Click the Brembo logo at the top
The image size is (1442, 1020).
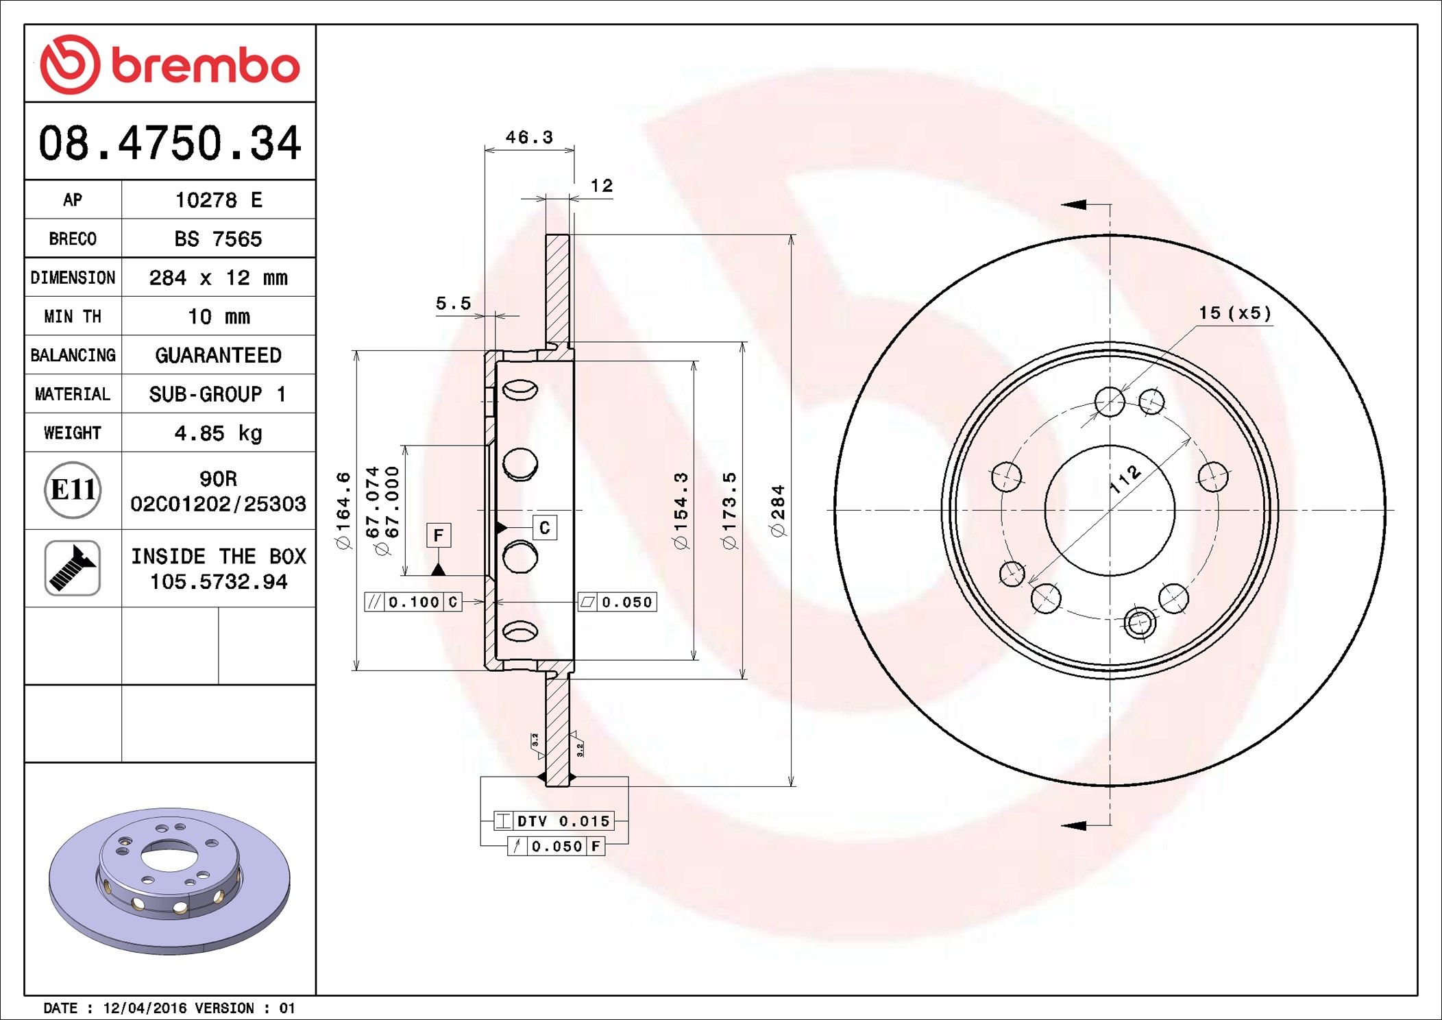tap(170, 64)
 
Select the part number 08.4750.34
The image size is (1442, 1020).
tap(170, 143)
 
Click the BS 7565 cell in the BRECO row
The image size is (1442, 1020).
tap(218, 239)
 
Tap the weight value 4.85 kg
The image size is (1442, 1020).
tap(218, 433)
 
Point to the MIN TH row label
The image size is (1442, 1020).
tap(73, 316)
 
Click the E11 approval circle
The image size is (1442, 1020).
tap(73, 489)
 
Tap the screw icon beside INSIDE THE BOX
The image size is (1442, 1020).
tap(73, 568)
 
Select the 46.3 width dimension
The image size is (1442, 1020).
tap(529, 137)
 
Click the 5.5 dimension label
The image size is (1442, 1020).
tap(454, 303)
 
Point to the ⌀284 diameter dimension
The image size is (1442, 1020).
tap(777, 511)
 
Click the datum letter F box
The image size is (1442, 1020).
tap(439, 535)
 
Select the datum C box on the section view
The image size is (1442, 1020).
tap(545, 528)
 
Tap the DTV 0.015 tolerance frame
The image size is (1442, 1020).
tap(554, 821)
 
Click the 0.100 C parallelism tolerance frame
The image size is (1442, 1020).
tap(413, 602)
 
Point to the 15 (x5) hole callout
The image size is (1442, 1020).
tap(1234, 313)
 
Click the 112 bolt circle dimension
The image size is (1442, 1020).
tap(1125, 479)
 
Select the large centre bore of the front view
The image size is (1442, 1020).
tap(1110, 511)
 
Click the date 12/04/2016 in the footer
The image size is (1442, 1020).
tap(144, 1008)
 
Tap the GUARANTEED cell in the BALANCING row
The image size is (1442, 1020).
tap(218, 355)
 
